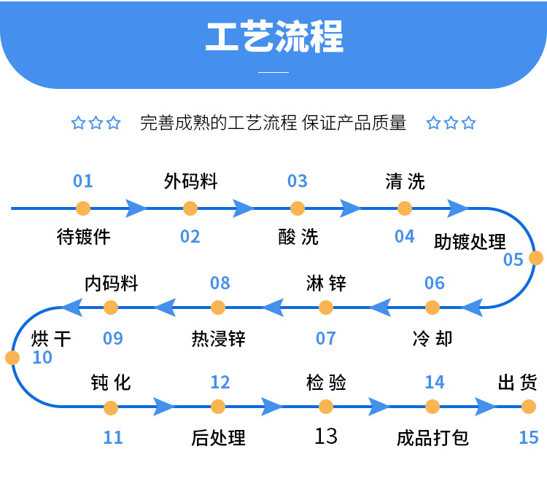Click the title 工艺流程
pos(273,37)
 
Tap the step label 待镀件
pos(83,237)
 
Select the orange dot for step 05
pos(536,258)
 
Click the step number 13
pos(326,436)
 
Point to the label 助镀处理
pos(470,241)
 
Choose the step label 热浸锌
pos(219,339)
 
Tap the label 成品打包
pos(432,438)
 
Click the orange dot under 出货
pos(529,407)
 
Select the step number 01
pos(83,181)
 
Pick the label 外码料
pos(190,181)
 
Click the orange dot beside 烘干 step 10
pos(12,358)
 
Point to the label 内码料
pos(112,283)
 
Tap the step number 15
pos(529,437)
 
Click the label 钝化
pos(112,382)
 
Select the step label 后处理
pos(219,438)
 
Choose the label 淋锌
pos(326,283)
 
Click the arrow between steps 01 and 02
pos(136,208)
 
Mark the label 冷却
pos(432,339)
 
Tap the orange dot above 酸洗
pos(298,208)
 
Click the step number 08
pos(220,283)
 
